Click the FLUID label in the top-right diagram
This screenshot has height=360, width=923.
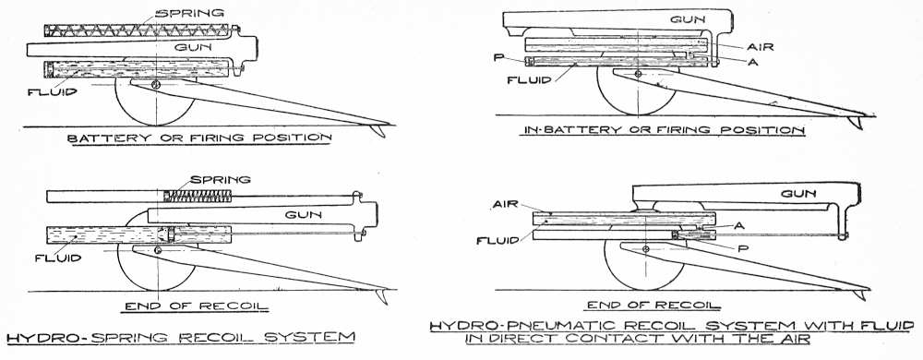pos(528,78)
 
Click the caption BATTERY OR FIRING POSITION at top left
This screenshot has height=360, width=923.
pos(199,138)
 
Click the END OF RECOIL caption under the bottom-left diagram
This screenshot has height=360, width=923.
pos(195,306)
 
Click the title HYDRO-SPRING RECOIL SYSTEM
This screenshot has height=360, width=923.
pos(181,338)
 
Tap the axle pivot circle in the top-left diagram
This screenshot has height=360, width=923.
pos(155,85)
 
